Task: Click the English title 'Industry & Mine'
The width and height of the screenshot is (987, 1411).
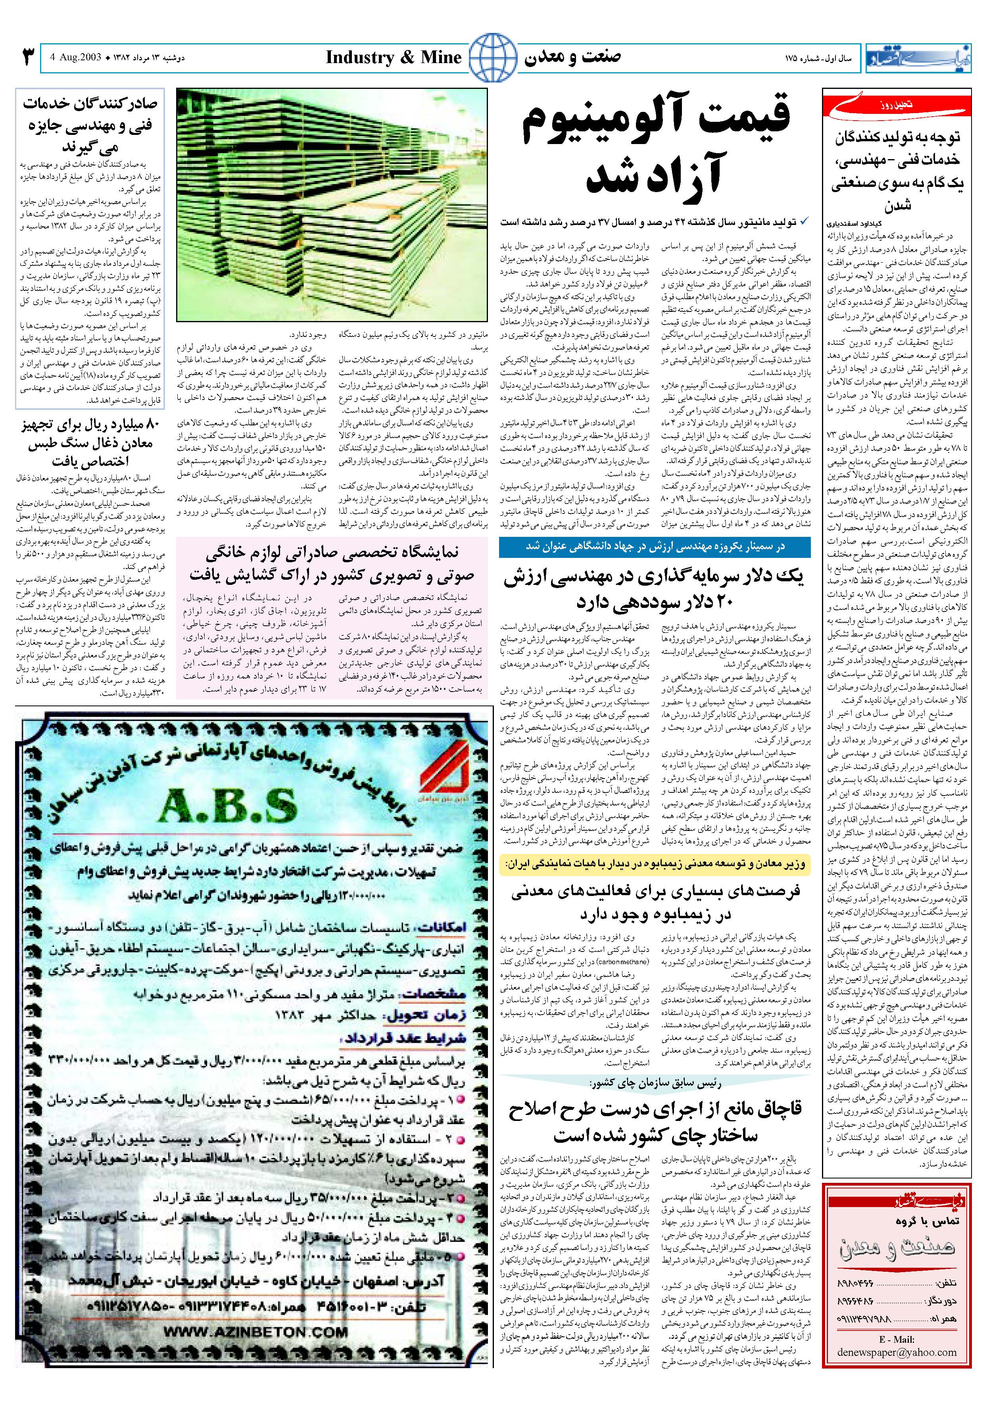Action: [x=393, y=58]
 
